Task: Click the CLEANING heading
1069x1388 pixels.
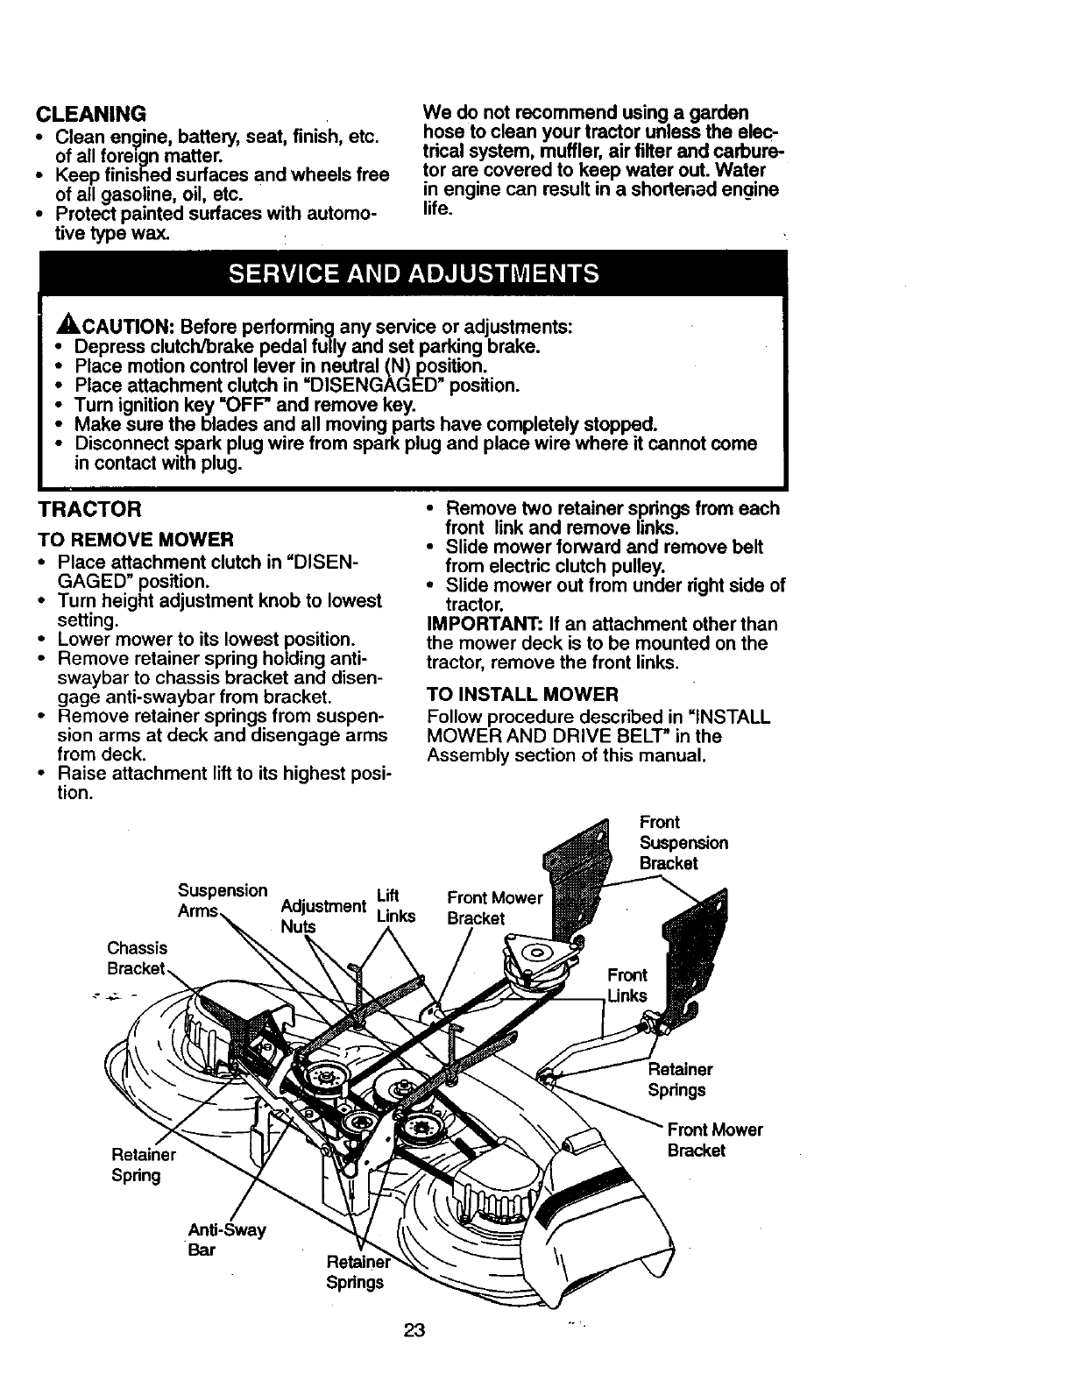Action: pyautogui.click(x=89, y=114)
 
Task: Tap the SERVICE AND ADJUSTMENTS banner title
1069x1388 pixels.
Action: pyautogui.click(x=414, y=273)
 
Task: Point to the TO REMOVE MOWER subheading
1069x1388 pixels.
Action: pyautogui.click(x=135, y=538)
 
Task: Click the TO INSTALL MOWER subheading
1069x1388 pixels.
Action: pyautogui.click(x=522, y=695)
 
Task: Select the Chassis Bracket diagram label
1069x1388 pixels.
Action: pyautogui.click(x=136, y=958)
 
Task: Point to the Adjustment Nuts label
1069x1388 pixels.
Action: pyautogui.click(x=322, y=915)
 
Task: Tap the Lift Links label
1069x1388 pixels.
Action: pyautogui.click(x=393, y=905)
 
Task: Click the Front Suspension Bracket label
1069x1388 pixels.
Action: pyautogui.click(x=683, y=842)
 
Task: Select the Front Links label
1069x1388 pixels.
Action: pyautogui.click(x=627, y=985)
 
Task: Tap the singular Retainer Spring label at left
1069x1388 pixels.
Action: pyautogui.click(x=143, y=1165)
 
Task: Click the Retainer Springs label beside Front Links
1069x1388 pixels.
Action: pyautogui.click(x=679, y=1079)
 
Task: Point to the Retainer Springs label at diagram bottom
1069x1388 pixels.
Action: pyautogui.click(x=354, y=1271)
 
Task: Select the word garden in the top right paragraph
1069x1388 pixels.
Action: pyautogui.click(x=718, y=113)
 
